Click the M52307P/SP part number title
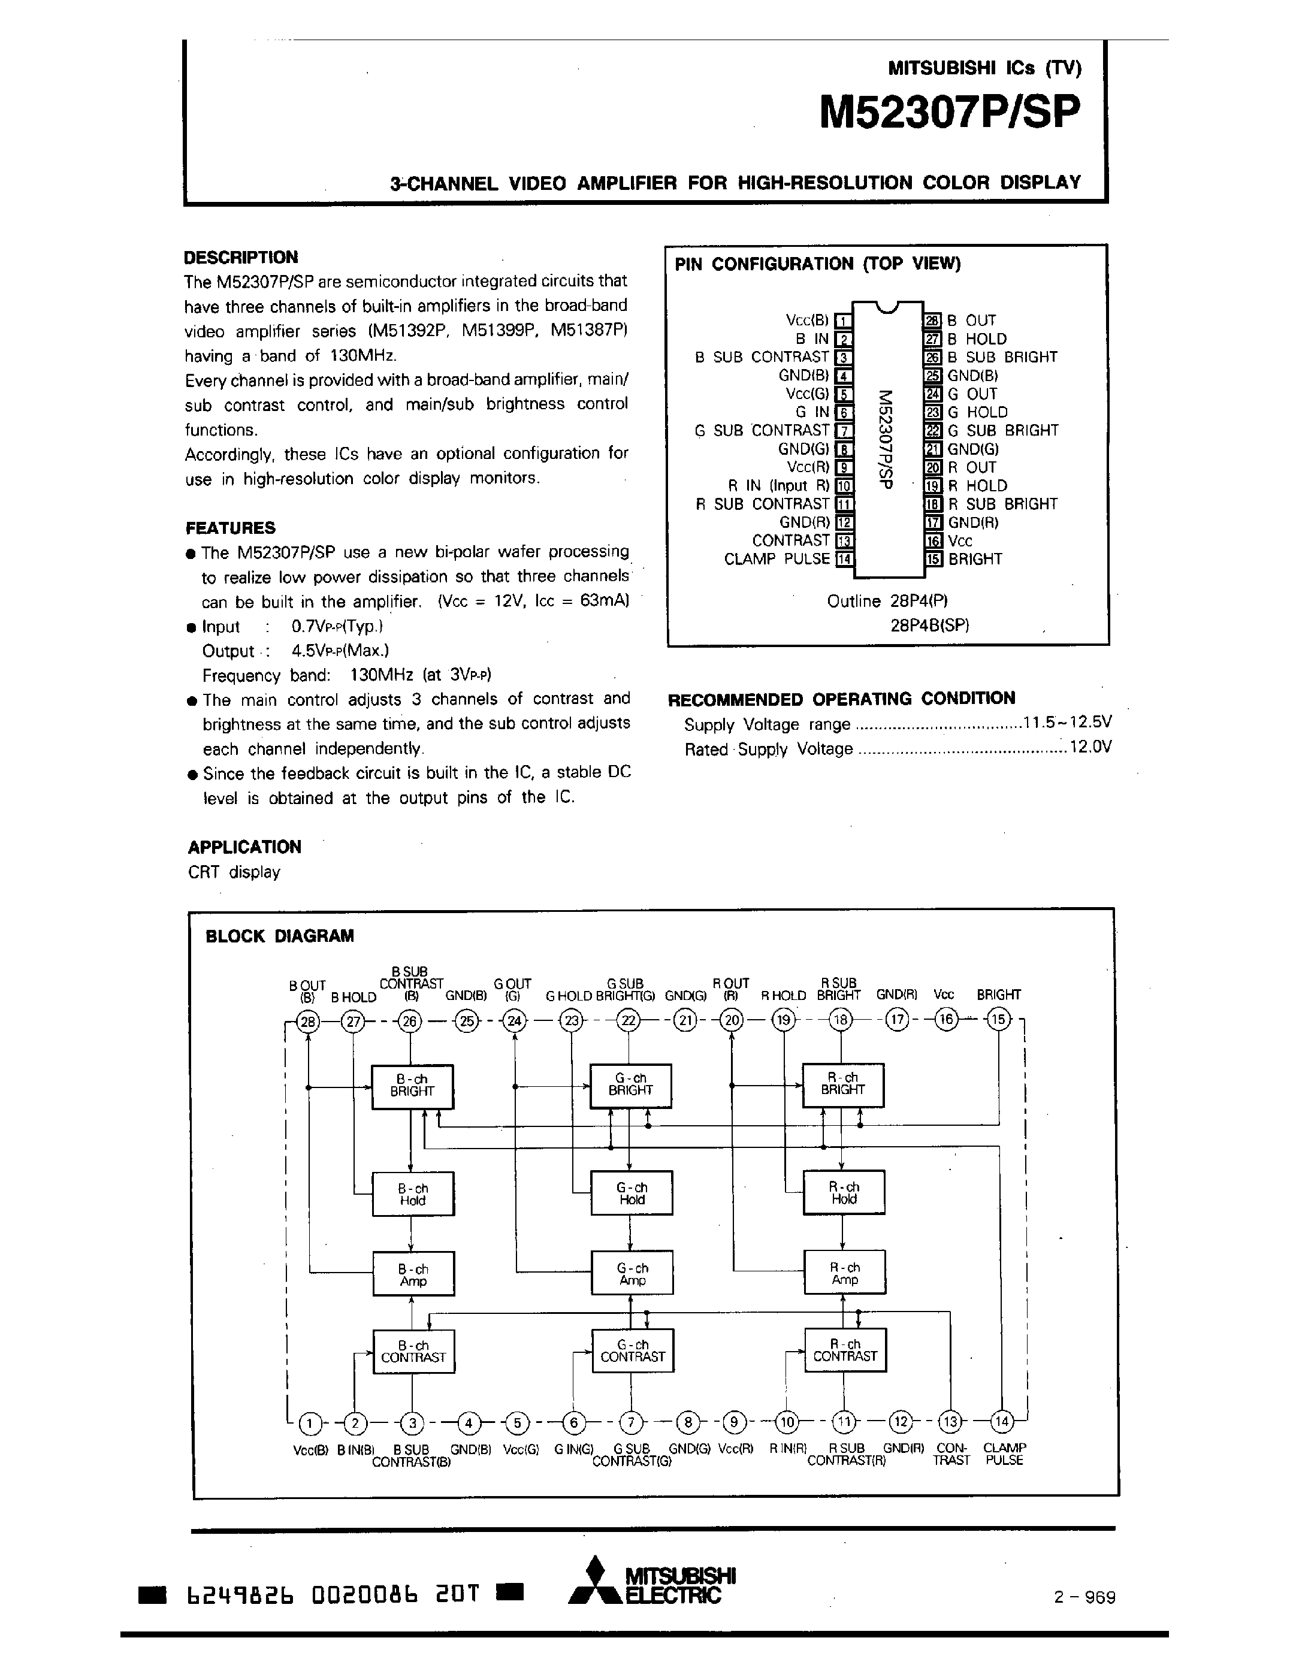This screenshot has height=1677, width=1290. [x=949, y=113]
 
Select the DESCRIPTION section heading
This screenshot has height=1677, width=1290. [x=240, y=257]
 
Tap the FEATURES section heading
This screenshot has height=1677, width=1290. [x=230, y=528]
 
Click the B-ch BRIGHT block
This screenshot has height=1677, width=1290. [x=412, y=1086]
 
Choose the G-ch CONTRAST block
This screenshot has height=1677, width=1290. [x=632, y=1350]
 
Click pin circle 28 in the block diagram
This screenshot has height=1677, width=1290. [x=308, y=1022]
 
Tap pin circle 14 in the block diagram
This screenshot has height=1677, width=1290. [x=1001, y=1422]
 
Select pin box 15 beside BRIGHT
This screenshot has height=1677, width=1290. [x=933, y=560]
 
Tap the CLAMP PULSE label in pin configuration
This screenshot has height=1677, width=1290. [x=777, y=559]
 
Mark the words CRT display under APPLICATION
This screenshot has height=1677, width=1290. [x=234, y=872]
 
